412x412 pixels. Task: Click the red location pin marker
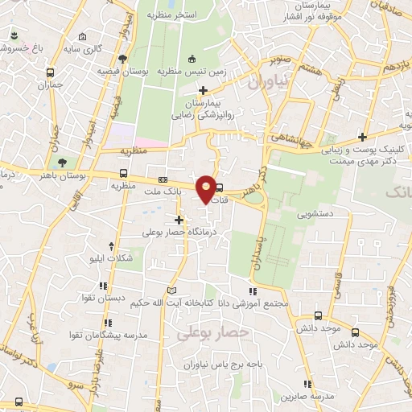pos(207,188)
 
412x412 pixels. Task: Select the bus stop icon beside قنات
pos(220,190)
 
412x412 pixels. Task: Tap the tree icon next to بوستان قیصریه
pos(122,59)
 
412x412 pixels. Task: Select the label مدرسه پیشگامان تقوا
pos(106,333)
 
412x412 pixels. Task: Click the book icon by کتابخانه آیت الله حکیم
pos(171,290)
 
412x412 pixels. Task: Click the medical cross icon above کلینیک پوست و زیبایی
pos(362,136)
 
